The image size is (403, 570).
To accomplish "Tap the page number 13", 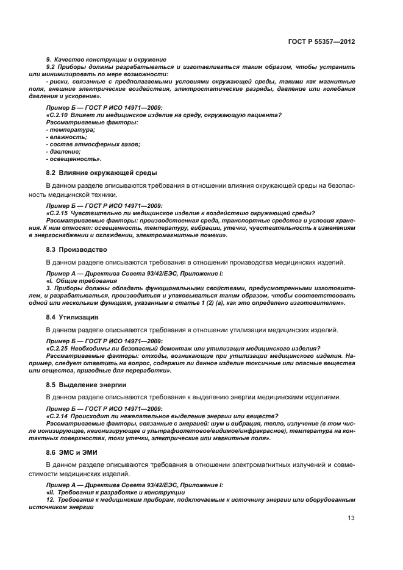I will click(x=351, y=518).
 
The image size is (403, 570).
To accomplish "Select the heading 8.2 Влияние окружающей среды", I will click(x=93, y=173).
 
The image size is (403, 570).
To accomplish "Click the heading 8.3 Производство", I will click(x=77, y=249).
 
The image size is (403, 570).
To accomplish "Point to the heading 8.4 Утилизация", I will click(x=73, y=317).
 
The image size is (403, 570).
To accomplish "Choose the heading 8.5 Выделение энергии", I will click(x=86, y=385).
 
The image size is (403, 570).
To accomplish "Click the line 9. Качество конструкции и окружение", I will click(x=106, y=59).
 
